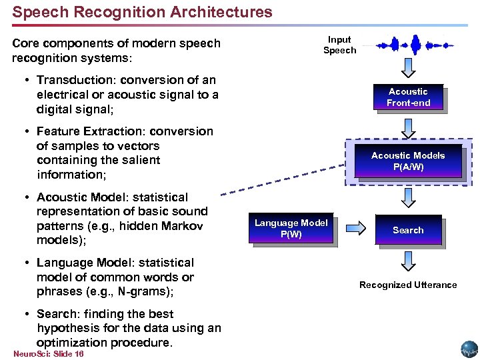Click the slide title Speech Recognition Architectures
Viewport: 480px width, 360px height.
(142, 12)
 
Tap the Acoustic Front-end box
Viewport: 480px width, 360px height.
(408, 97)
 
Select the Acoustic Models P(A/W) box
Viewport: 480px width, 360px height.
(408, 161)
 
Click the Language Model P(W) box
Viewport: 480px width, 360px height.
(291, 229)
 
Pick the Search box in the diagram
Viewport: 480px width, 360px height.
(408, 230)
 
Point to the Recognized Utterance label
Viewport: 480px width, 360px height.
(408, 285)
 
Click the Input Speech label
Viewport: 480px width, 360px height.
(339, 45)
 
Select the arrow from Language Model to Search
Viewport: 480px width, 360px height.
(356, 229)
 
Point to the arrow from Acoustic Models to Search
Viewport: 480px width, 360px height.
(409, 196)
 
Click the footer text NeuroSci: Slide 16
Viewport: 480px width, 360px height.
(48, 353)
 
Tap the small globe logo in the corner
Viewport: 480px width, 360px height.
(469, 349)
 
